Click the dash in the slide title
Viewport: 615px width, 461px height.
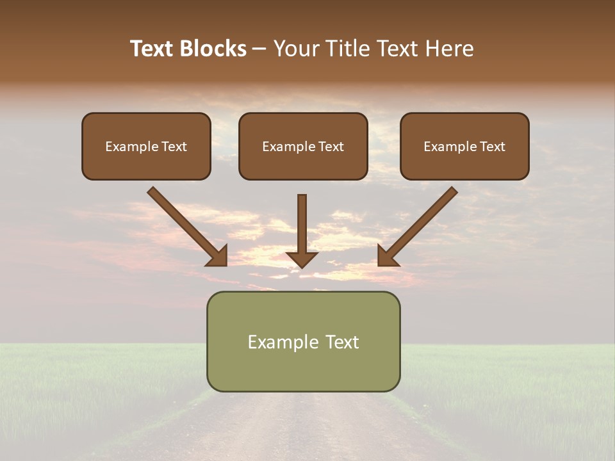259,49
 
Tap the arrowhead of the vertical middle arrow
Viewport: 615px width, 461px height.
302,259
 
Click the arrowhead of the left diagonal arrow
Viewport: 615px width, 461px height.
218,256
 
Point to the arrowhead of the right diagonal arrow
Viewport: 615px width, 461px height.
387,256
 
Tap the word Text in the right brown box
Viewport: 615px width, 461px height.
492,147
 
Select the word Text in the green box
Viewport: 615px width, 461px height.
342,342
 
